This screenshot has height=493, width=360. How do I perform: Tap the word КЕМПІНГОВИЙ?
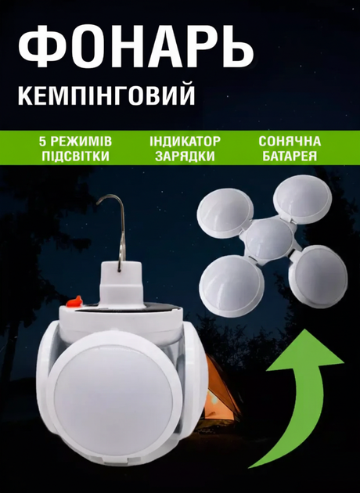[x=106, y=94]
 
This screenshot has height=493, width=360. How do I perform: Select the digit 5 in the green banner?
[x=42, y=142]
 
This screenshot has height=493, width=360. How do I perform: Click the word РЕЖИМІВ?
[x=81, y=142]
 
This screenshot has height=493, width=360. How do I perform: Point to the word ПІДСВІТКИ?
[x=75, y=157]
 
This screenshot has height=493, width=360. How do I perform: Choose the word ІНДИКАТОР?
[x=185, y=142]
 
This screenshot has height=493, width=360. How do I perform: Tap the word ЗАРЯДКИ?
[x=185, y=157]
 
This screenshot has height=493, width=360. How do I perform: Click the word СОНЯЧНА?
[x=290, y=142]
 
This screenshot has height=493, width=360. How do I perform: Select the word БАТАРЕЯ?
[x=290, y=157]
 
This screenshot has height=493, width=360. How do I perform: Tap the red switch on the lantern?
[x=74, y=302]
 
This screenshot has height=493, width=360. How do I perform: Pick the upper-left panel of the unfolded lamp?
[x=225, y=213]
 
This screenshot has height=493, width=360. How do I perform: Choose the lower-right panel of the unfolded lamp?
[x=318, y=277]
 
